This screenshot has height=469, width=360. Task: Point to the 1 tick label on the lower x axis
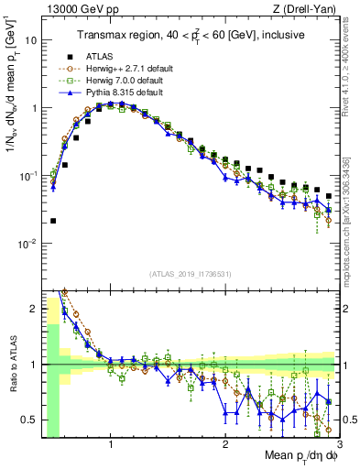click(x=111, y=446)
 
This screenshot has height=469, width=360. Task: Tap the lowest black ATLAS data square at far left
click(x=53, y=221)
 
